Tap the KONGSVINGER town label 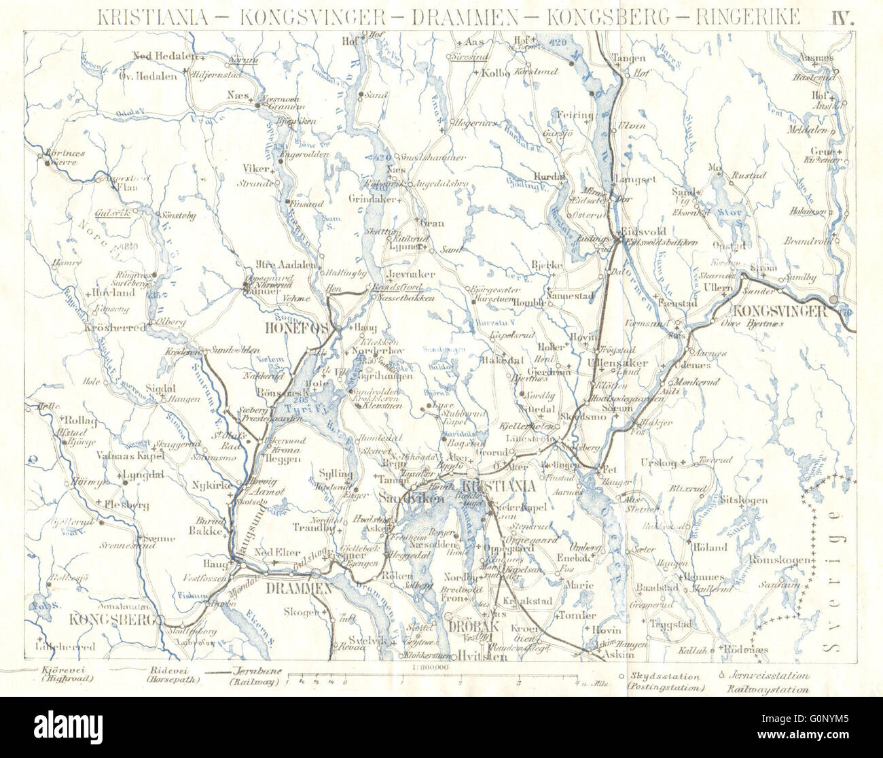pos(778,311)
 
